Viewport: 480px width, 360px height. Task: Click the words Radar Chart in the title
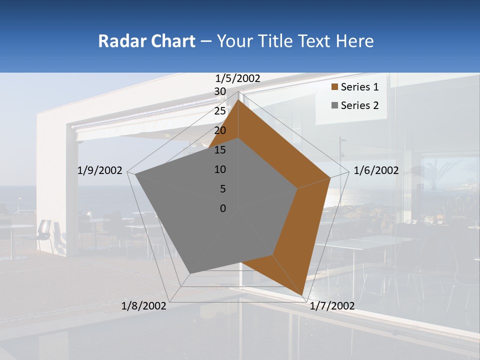point(146,41)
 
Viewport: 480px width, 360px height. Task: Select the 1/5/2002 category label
point(238,78)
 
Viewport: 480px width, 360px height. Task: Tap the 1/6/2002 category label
point(376,170)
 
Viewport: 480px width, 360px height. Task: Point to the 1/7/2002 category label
point(332,306)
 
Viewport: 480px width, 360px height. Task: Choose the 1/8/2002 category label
point(144,306)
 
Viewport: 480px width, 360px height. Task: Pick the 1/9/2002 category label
point(100,170)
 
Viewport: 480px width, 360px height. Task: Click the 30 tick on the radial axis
point(220,91)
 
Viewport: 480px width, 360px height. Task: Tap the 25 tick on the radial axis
point(220,111)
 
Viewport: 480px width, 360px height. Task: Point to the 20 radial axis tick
point(220,130)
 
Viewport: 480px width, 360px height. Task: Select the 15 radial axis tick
point(220,150)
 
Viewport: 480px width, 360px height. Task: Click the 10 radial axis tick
point(220,169)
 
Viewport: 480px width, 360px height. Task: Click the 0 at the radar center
point(223,208)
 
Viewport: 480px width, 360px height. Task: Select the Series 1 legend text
point(359,87)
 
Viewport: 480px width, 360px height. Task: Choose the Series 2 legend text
point(359,105)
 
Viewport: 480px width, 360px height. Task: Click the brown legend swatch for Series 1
point(334,87)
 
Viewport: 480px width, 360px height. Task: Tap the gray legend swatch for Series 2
point(334,105)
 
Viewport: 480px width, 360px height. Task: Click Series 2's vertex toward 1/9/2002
point(135,174)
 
